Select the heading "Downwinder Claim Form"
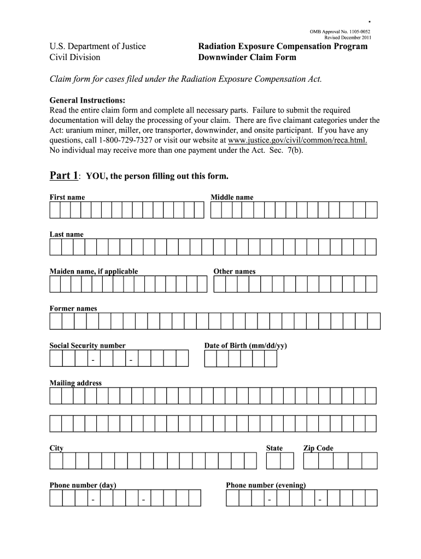point(247,57)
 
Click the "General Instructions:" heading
point(87,101)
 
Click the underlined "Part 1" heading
point(64,176)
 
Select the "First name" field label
point(67,197)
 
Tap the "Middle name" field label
point(232,197)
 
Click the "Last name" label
point(67,234)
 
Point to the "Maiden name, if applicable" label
point(93,271)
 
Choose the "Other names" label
point(234,271)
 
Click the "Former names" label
point(73,308)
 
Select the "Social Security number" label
point(87,346)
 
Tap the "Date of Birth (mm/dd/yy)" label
point(245,346)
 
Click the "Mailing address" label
point(75,383)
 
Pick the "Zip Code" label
point(318,448)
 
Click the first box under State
point(273,461)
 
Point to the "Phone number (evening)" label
point(266,485)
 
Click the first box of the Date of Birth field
point(210,359)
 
